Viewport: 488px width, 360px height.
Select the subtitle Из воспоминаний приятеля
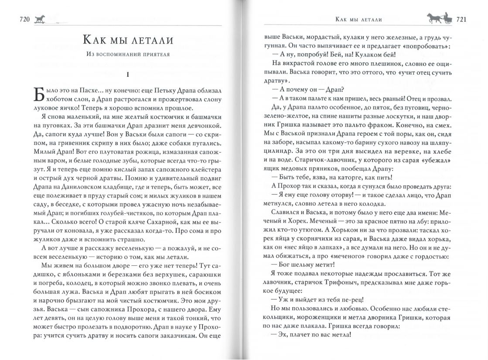(127, 55)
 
